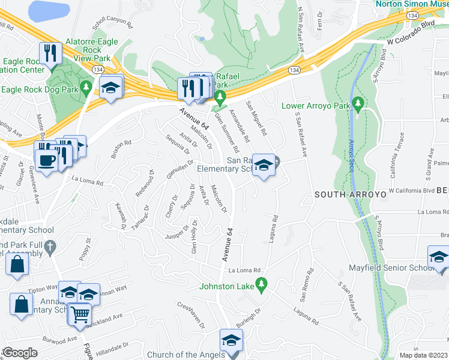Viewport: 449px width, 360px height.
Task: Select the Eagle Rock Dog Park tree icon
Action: (86, 88)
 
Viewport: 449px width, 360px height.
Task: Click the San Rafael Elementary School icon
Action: (263, 166)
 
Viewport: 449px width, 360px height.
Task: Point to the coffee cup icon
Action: (46, 160)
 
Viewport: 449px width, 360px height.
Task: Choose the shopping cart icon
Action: (79, 313)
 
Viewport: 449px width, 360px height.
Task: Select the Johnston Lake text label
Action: (228, 286)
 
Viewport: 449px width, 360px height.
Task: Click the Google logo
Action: (20, 353)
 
